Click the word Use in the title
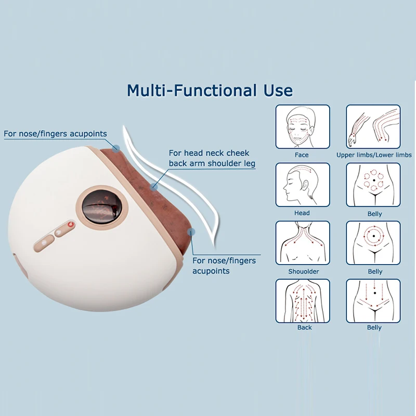(x=275, y=90)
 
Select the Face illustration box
(x=302, y=127)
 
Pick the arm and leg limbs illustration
(x=373, y=127)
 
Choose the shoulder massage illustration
(x=302, y=243)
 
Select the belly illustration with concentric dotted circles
(x=373, y=243)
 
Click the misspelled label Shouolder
(x=304, y=271)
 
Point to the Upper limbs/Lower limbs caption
(x=374, y=155)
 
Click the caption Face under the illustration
(x=302, y=155)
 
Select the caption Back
(x=305, y=328)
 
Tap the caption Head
(x=302, y=213)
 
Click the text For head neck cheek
(x=209, y=153)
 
